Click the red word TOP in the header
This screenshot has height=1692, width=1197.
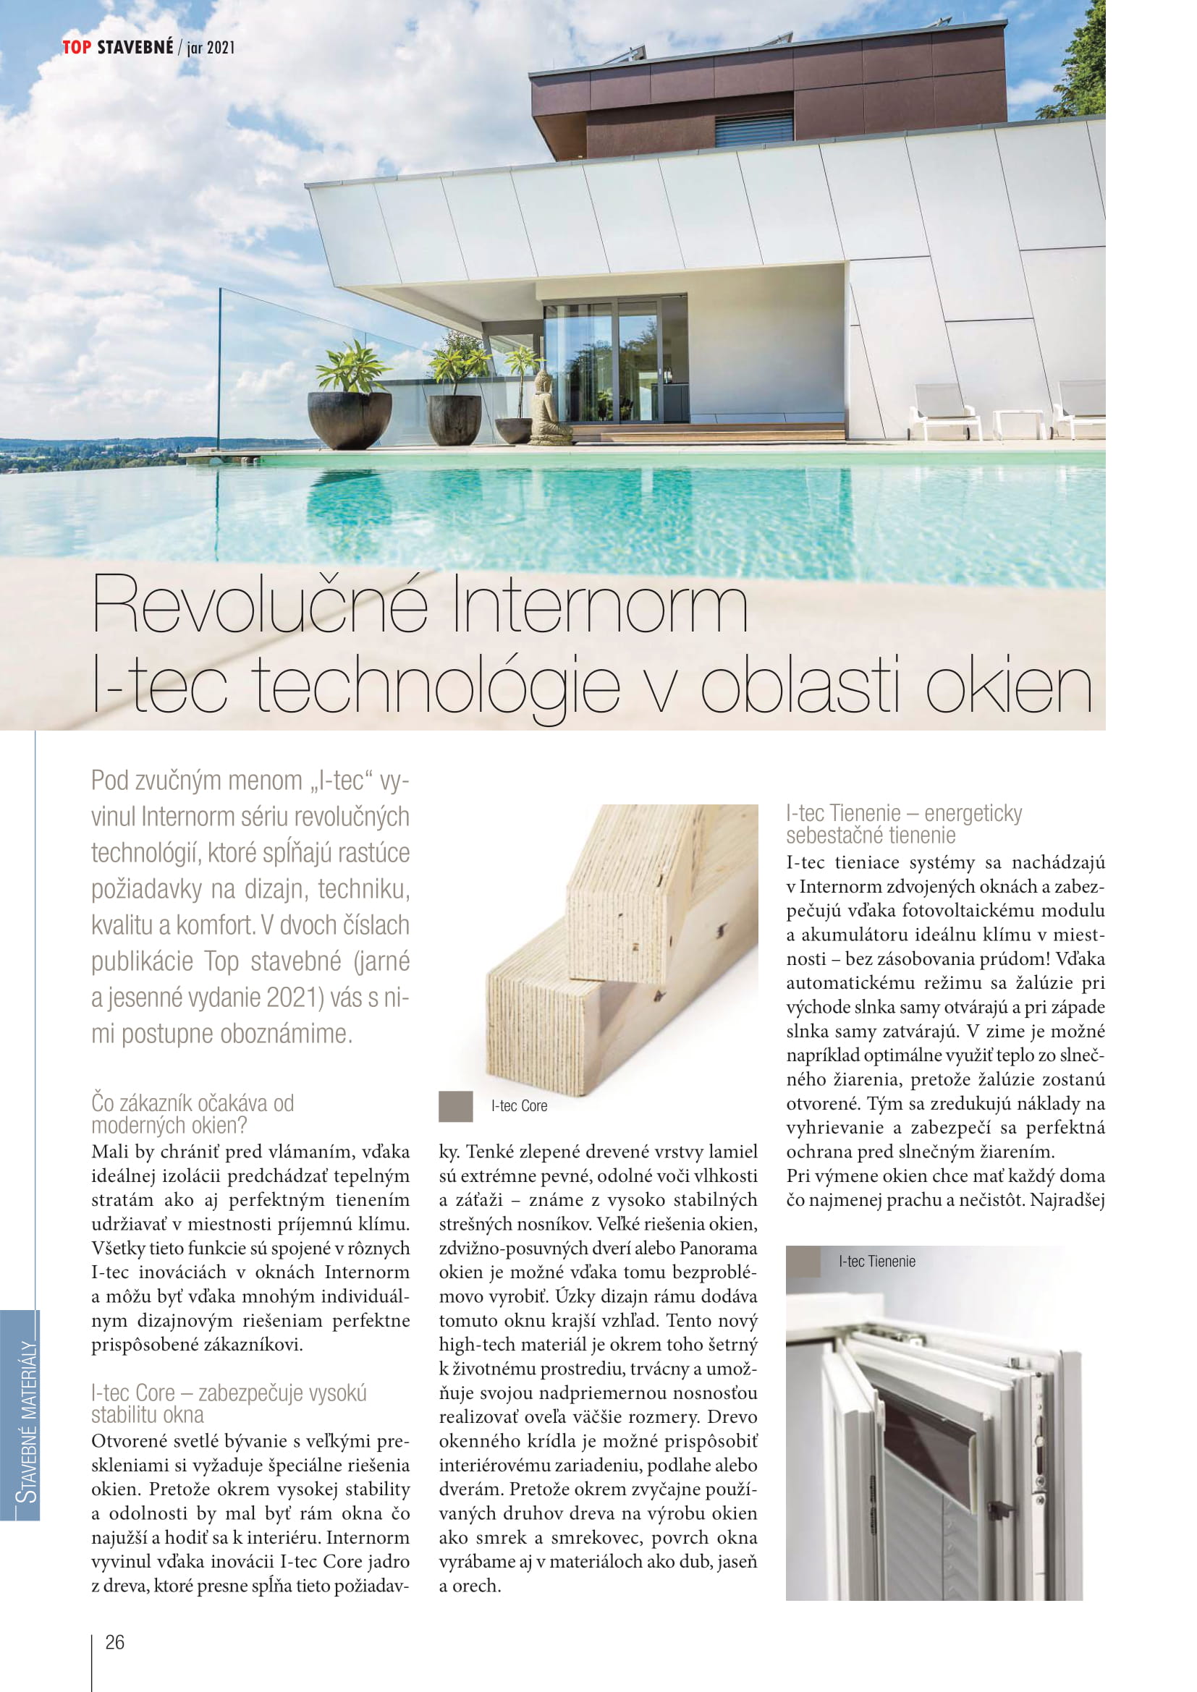pos(77,48)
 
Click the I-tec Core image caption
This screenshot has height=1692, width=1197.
pos(519,1105)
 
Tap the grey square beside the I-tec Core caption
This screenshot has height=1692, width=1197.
pos(454,1106)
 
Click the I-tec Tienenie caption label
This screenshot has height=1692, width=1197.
pos(876,1261)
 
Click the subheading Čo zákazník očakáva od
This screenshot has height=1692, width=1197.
pos(193,1103)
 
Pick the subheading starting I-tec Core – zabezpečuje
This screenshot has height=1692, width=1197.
pos(229,1393)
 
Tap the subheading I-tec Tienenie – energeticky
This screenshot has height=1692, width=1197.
pos(904,814)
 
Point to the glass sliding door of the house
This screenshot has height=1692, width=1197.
pos(615,361)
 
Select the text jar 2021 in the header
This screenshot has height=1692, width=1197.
pos(211,48)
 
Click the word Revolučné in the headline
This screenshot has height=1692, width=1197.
pos(261,605)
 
